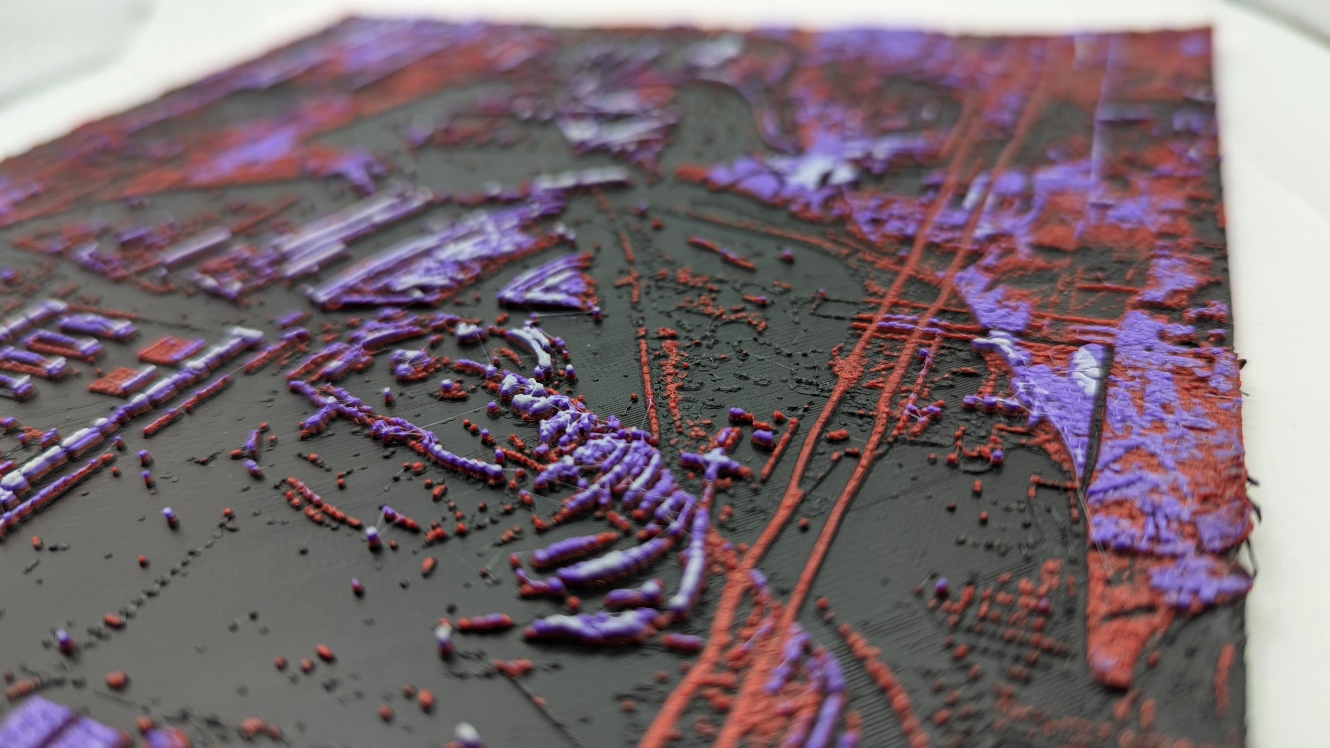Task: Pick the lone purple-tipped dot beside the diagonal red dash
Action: (788, 255)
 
